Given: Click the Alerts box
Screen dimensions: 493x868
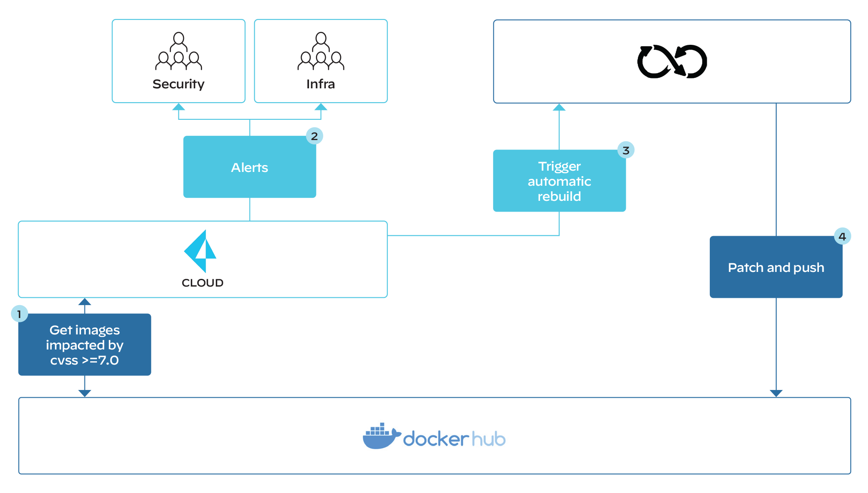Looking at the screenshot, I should click(x=250, y=167).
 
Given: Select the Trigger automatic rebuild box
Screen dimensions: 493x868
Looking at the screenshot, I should click(x=559, y=181).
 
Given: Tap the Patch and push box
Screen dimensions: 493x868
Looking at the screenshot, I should click(x=776, y=267).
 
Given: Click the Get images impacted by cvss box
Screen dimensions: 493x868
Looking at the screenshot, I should click(x=84, y=345).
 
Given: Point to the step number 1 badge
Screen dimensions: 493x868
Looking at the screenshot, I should click(x=19, y=314).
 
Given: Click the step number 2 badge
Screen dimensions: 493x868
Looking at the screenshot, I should click(x=315, y=136).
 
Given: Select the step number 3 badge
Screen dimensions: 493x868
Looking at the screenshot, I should click(x=626, y=150).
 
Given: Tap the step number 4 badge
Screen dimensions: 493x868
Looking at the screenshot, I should click(x=842, y=236).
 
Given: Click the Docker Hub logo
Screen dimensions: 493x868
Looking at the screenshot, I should click(x=434, y=436).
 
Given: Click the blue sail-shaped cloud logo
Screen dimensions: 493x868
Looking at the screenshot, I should click(x=200, y=251).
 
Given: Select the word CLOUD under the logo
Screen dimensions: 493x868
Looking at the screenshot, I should click(x=203, y=283).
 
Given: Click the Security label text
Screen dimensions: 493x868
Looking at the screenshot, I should click(x=178, y=84).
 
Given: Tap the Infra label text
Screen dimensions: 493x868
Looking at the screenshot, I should click(x=321, y=84).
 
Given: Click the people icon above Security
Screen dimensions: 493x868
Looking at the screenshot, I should click(x=178, y=51).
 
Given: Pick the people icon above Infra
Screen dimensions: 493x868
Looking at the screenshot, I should click(x=321, y=51).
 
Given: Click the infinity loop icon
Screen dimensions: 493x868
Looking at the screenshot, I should click(x=672, y=61).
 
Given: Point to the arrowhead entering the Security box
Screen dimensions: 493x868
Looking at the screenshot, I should click(x=178, y=107).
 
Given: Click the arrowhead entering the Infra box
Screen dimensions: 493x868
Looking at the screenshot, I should click(x=321, y=107).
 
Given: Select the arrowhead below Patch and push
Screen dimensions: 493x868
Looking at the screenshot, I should click(x=776, y=393).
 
